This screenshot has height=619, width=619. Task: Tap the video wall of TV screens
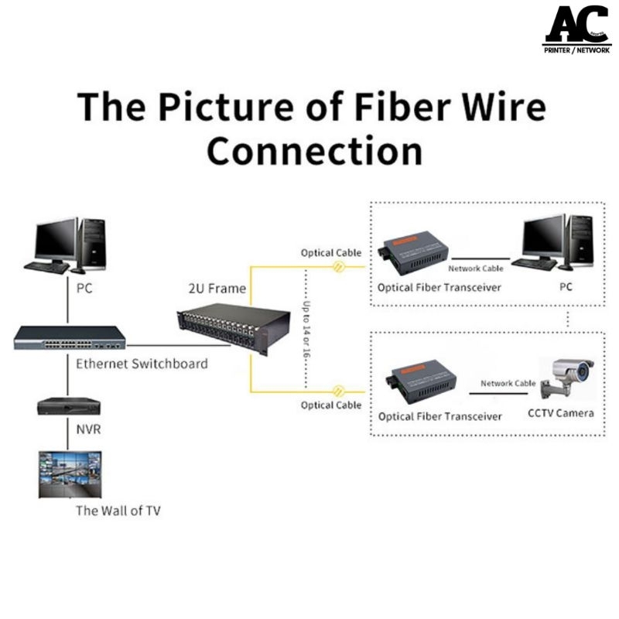click(x=70, y=474)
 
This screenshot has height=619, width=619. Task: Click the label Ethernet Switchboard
click(x=142, y=364)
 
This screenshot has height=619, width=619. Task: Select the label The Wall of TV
click(x=118, y=511)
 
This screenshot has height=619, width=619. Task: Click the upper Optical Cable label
click(x=329, y=253)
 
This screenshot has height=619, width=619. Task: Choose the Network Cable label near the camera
click(x=508, y=383)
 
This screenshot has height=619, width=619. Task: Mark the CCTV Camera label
click(x=561, y=413)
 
